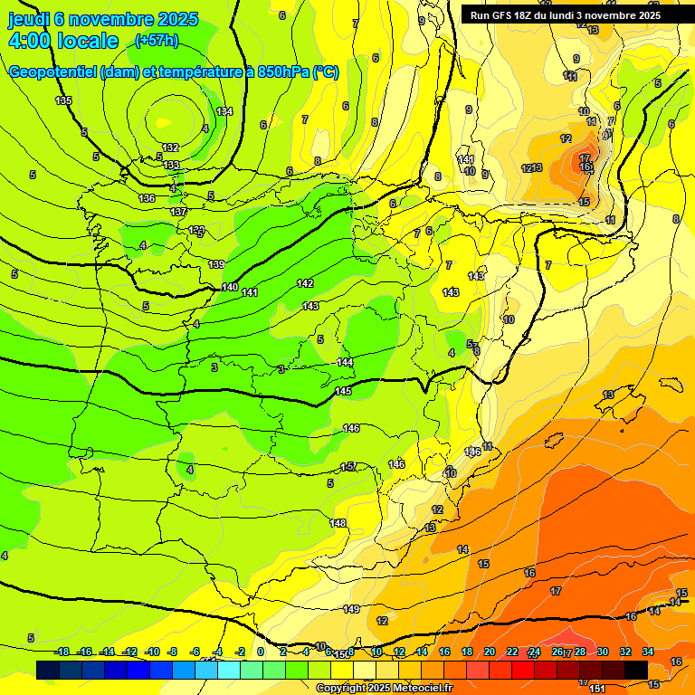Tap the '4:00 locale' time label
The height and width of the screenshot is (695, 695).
coord(63,41)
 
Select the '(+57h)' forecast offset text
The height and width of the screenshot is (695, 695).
coord(157,41)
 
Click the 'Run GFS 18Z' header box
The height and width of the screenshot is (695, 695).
coord(565,15)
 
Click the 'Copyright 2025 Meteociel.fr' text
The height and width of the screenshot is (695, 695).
coord(384,689)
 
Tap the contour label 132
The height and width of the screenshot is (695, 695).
coord(170,148)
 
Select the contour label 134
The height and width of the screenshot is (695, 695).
coord(224,111)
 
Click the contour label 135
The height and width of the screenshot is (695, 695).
coord(63,100)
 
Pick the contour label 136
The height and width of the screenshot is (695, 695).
coord(147,198)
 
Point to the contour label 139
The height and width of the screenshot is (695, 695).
coord(216,264)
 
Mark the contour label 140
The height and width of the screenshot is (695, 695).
coord(230,287)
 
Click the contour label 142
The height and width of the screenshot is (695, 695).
coord(305,283)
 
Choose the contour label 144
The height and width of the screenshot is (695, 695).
coord(345,362)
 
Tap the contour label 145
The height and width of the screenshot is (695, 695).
coord(343,391)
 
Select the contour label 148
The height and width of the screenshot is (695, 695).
coord(338,523)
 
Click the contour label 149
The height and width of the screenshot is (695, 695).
coord(352,609)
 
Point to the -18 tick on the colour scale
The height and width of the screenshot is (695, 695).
coord(62,652)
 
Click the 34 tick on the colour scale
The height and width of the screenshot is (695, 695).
coord(648,652)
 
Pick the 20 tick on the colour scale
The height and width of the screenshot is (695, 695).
coord(490,652)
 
